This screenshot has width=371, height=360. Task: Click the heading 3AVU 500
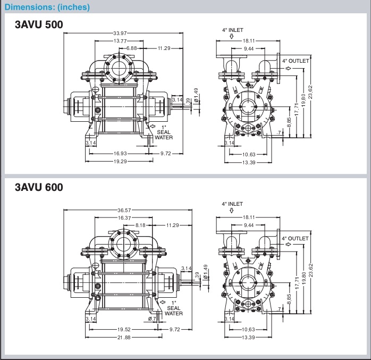(39, 26)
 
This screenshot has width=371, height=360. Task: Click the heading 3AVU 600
(39, 187)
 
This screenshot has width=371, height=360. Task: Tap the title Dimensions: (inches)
(47, 7)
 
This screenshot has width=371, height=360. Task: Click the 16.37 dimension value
(125, 218)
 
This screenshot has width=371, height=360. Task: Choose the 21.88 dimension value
(125, 338)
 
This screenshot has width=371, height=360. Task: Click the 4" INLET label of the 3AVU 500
(232, 30)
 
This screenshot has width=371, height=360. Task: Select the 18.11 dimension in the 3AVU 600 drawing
(249, 217)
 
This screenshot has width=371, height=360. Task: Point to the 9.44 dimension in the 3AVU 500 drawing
(249, 48)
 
